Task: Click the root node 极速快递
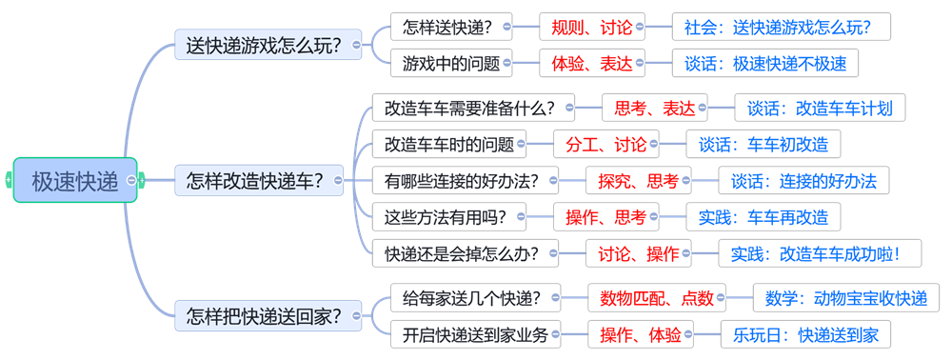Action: [74, 180]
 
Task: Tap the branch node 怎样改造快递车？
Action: [259, 180]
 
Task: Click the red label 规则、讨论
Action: [591, 27]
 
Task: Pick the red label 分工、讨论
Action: [605, 144]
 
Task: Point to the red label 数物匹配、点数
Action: [657, 297]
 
